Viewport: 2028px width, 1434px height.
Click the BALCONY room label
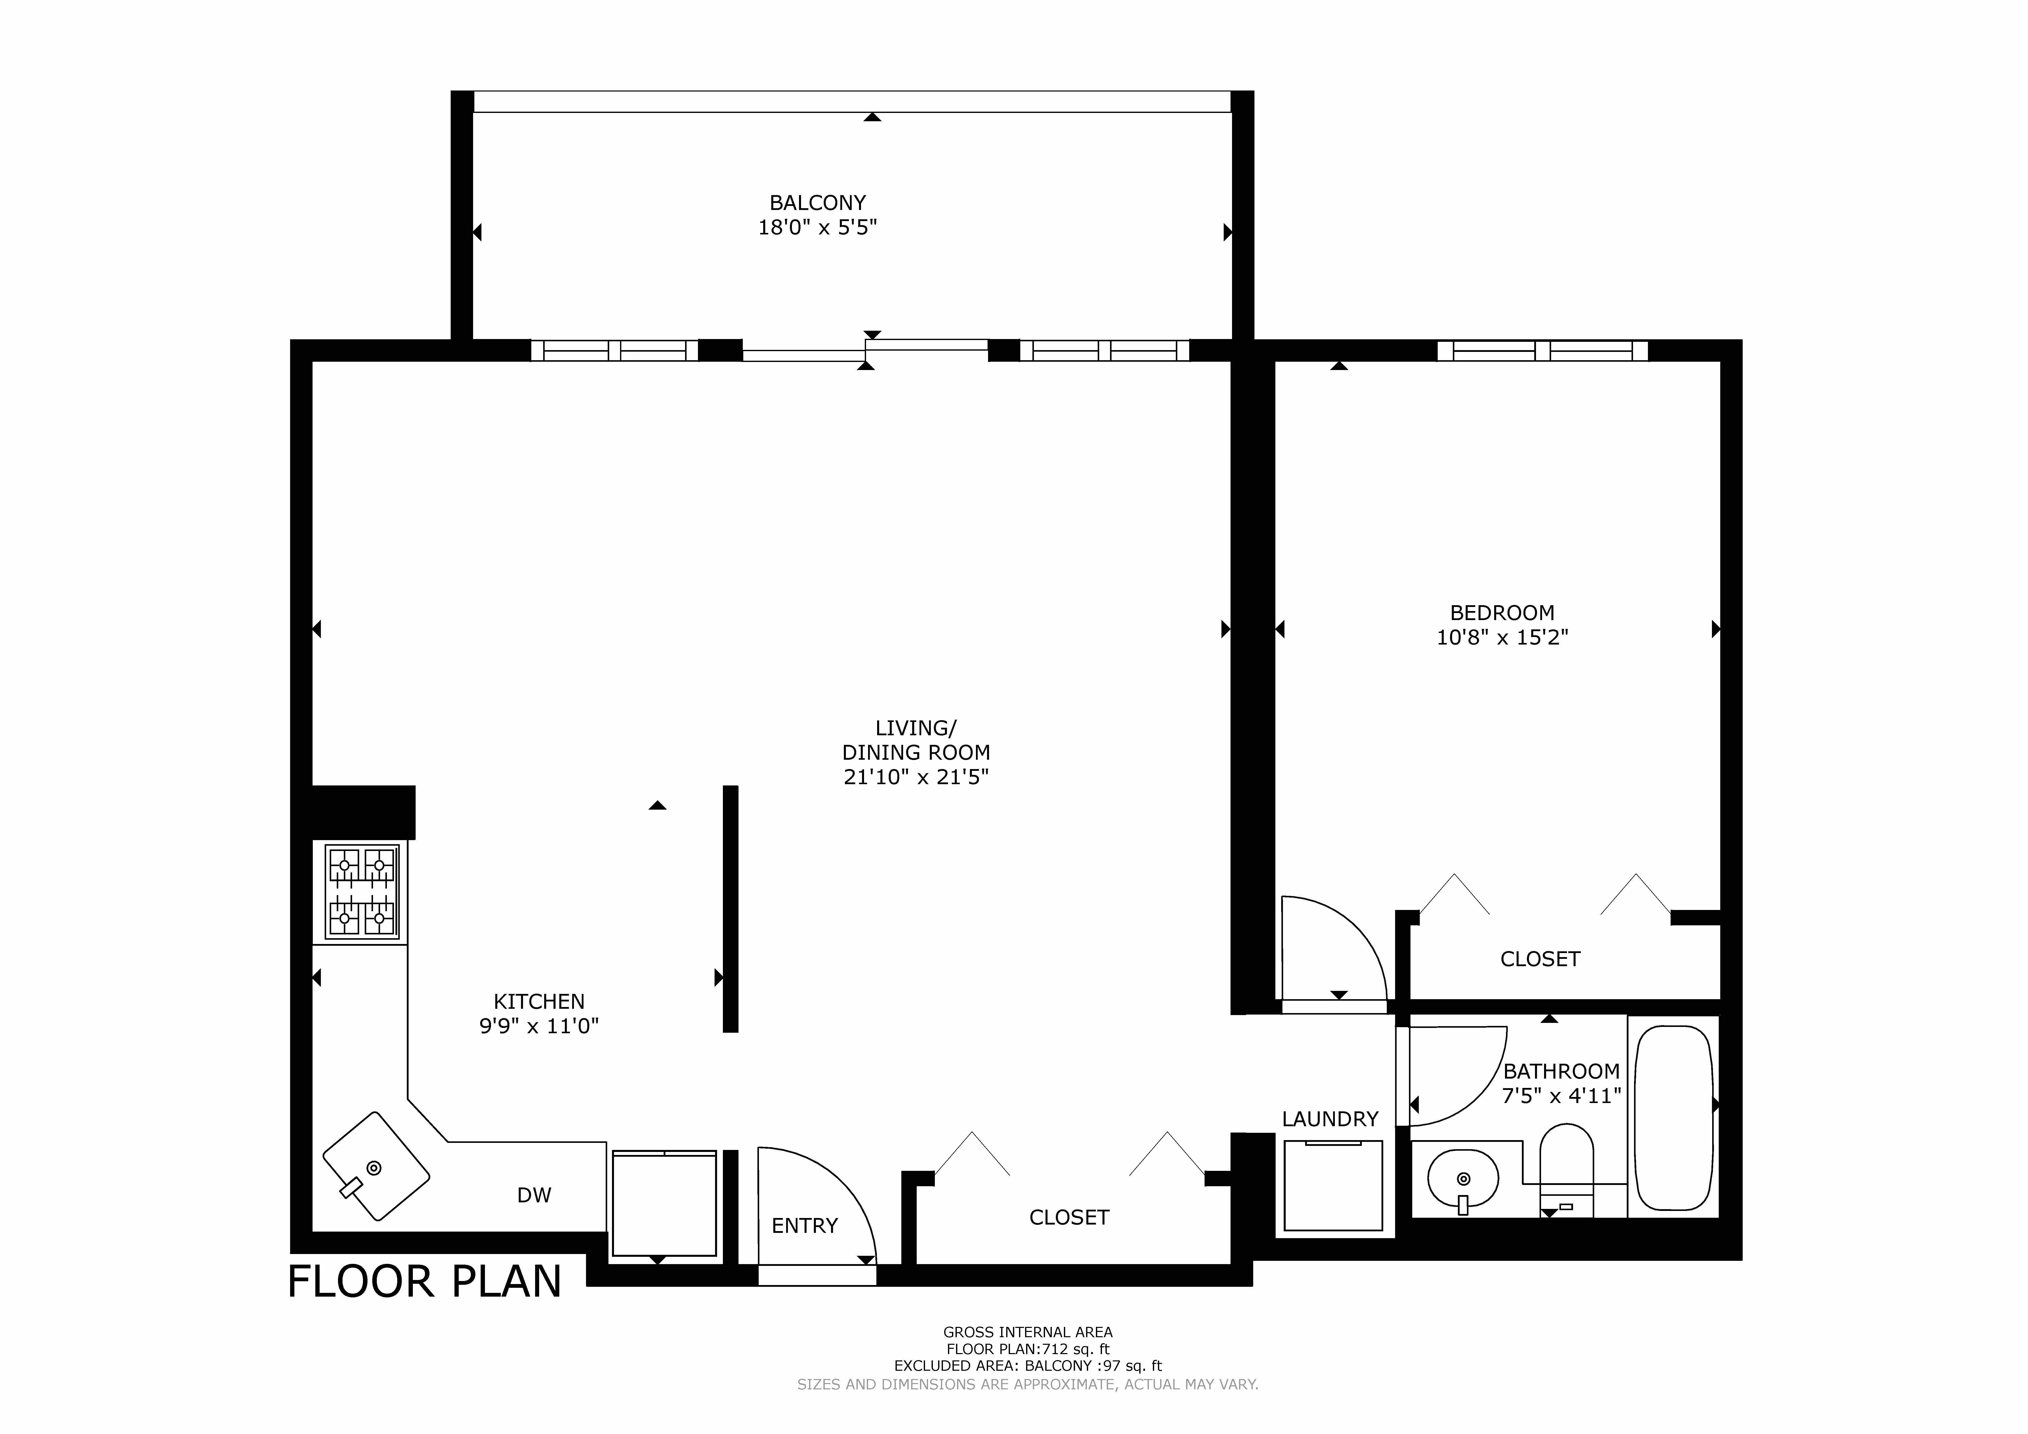click(817, 202)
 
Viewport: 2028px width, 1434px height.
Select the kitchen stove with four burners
click(361, 892)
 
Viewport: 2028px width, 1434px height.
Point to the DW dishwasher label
click(534, 1196)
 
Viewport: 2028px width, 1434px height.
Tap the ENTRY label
click(804, 1226)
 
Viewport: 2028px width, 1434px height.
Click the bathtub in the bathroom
click(1675, 1118)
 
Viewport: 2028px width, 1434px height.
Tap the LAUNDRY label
click(1329, 1119)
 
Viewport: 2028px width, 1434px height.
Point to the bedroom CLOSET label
click(1540, 959)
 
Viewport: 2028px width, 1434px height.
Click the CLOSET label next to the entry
click(1069, 1217)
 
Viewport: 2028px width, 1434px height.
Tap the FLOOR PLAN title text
click(425, 1282)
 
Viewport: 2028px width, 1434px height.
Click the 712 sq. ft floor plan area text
click(1027, 1349)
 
